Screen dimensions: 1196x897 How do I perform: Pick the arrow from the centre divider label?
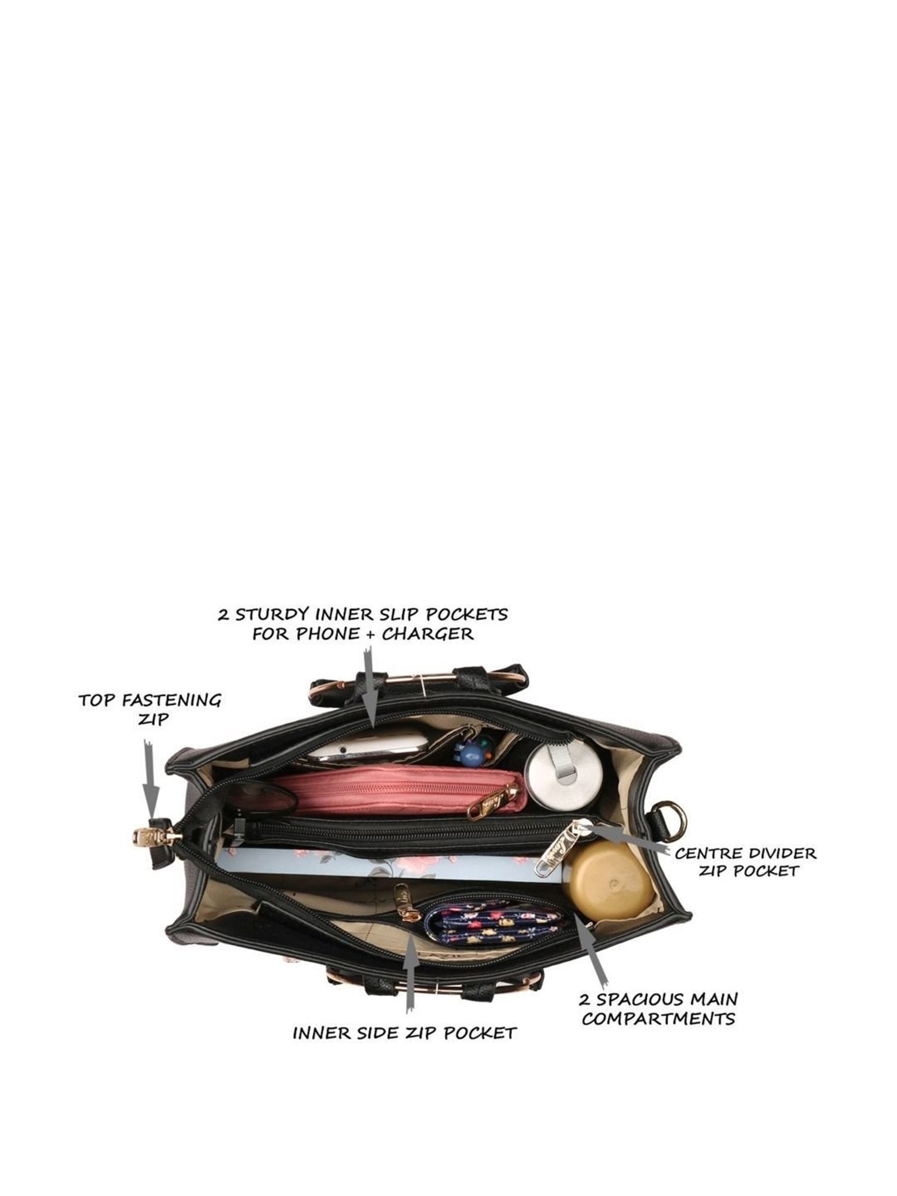(x=628, y=837)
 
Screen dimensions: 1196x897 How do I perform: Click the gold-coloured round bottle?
(x=609, y=882)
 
